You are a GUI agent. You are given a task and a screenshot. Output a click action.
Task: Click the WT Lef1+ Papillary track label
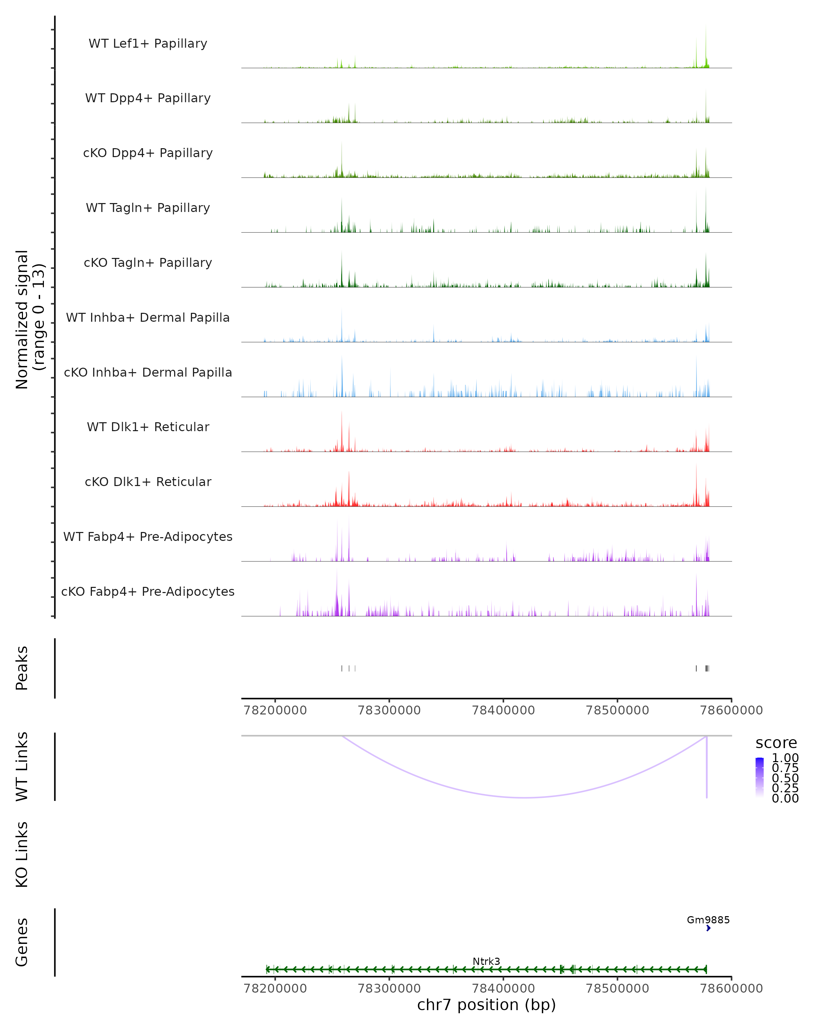coord(148,44)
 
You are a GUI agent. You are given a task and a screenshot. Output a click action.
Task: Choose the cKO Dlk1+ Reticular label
coord(148,482)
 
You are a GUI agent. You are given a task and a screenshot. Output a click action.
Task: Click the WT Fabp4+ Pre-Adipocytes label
coord(148,536)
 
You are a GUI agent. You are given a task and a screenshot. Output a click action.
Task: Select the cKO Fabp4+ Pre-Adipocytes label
coord(148,591)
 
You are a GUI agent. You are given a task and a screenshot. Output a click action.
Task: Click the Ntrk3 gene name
coord(486,961)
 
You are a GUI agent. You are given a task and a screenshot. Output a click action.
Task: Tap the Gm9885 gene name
coord(708,920)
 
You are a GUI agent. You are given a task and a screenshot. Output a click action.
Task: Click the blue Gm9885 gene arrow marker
coord(708,928)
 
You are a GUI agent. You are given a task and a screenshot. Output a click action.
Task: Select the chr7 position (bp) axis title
coord(486,1005)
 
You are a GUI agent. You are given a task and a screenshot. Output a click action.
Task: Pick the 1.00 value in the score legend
coord(785,758)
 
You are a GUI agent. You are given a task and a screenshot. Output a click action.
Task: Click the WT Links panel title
coord(22,767)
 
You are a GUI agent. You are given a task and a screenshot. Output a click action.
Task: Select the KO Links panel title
coord(22,854)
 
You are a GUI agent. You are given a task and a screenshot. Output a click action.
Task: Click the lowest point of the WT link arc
coord(525,797)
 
